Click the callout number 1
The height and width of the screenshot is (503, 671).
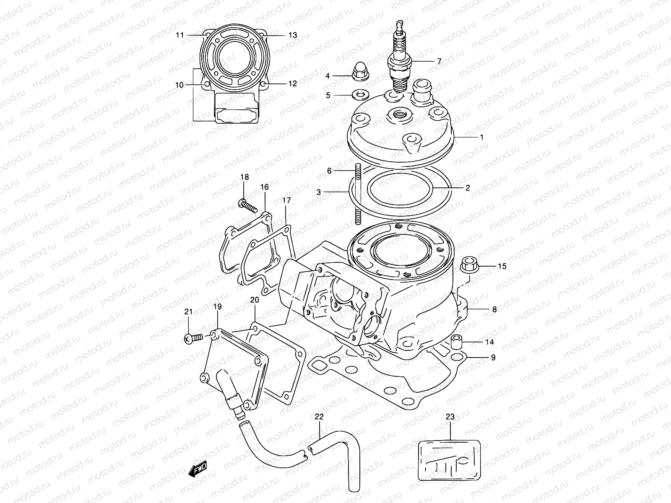click(481, 137)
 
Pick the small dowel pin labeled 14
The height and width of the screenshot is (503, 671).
click(456, 343)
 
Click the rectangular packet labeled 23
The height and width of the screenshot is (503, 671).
click(450, 459)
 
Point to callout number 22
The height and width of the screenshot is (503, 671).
click(319, 417)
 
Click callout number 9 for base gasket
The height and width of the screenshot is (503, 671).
click(493, 358)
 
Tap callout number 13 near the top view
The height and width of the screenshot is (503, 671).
click(293, 35)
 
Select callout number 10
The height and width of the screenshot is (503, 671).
click(179, 85)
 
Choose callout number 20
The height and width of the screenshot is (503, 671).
click(255, 300)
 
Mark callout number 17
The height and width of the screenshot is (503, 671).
click(286, 201)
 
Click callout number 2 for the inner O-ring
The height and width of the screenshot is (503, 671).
click(468, 188)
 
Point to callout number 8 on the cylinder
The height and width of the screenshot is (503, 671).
click(494, 310)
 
